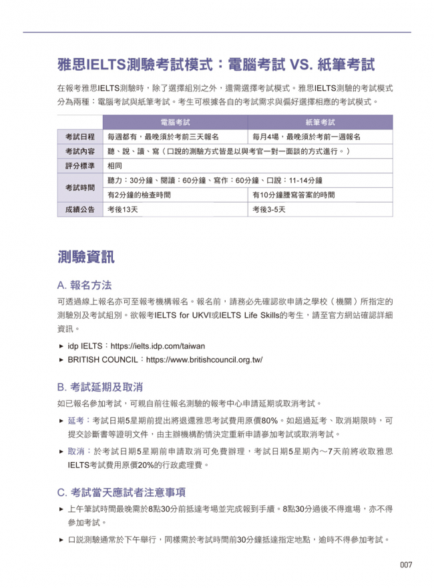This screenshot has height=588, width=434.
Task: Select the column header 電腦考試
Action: [x=175, y=123]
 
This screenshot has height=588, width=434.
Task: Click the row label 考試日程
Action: [x=79, y=137]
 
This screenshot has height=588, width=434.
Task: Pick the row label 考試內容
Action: [x=79, y=151]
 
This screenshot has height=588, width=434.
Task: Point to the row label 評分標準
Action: [x=79, y=166]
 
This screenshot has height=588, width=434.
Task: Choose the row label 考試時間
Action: [x=79, y=188]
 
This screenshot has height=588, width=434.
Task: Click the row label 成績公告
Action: [x=79, y=210]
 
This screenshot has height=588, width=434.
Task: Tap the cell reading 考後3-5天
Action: [x=269, y=210]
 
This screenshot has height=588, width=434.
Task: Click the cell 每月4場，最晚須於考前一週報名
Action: [x=306, y=137]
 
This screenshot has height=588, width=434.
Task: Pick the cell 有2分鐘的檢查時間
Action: [x=139, y=195]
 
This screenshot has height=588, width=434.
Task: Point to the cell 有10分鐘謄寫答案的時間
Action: [x=293, y=195]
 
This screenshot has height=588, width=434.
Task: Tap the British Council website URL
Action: [x=204, y=359]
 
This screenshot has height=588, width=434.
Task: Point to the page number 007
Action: [x=406, y=565]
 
